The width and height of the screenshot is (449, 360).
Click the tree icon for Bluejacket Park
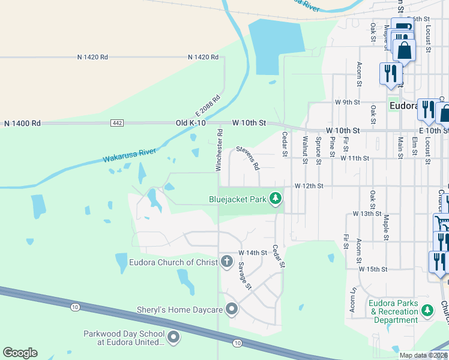click(276, 198)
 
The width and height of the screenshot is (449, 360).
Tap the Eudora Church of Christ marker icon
click(226, 262)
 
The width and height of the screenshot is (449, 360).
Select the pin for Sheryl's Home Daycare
click(232, 310)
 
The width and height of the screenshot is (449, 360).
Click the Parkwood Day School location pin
click(173, 337)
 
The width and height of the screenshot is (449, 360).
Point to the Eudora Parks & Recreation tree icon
click(427, 310)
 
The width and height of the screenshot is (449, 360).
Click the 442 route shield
click(117, 123)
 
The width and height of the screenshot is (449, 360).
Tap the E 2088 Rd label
click(208, 106)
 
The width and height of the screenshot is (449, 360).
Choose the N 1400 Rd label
click(22, 123)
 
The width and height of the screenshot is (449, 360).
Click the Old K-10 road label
click(190, 123)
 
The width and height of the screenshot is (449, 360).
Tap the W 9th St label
click(347, 103)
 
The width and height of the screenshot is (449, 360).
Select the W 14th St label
click(252, 253)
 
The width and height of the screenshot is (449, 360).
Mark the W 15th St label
click(373, 269)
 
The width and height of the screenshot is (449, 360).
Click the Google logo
click(20, 353)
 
